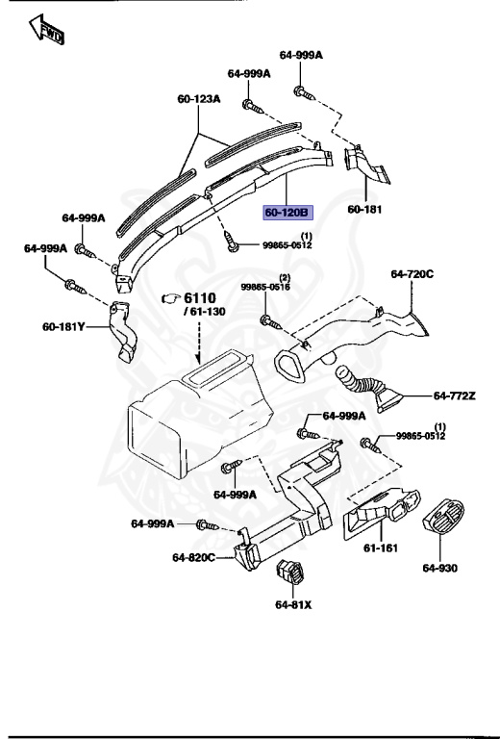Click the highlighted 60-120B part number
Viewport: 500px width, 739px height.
point(287,212)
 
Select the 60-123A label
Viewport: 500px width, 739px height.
point(198,98)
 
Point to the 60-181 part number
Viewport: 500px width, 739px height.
point(364,209)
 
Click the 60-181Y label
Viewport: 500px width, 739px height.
point(63,326)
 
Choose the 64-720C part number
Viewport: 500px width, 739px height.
point(412,274)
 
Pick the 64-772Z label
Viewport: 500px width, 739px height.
point(455,395)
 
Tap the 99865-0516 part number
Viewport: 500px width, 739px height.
point(264,287)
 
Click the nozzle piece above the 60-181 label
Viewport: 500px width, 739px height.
point(366,164)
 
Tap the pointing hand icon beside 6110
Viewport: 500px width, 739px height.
point(171,298)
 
